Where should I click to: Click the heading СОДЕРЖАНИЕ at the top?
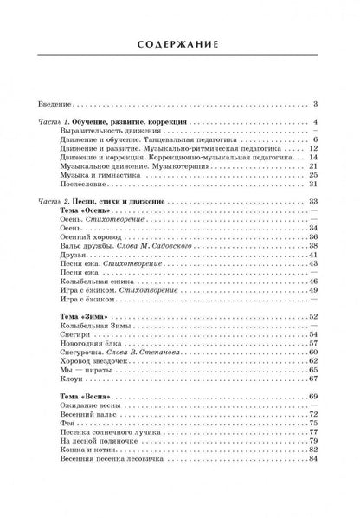click(x=181, y=45)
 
